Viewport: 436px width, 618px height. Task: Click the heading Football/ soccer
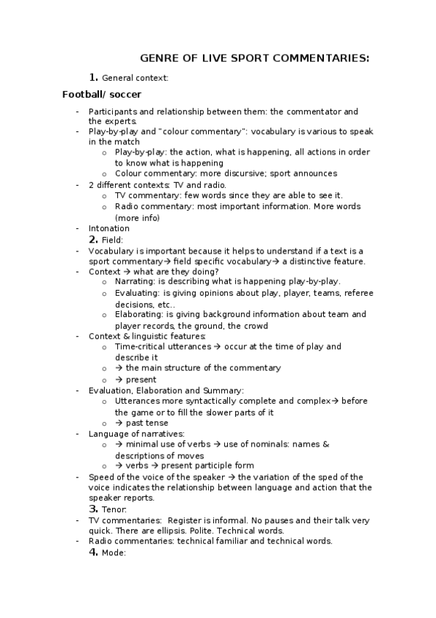(102, 95)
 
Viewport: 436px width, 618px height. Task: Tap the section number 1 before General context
(93, 77)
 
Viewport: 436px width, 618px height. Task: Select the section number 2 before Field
(93, 239)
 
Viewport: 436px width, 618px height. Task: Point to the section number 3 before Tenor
(93, 509)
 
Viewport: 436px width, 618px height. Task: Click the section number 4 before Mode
(93, 552)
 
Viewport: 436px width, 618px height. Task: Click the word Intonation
(109, 228)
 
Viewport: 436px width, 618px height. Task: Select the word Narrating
(135, 282)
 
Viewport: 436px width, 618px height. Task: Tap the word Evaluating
(136, 293)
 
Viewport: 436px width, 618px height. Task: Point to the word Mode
(114, 553)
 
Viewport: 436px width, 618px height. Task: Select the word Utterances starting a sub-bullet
(138, 401)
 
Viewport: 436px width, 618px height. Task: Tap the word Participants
(113, 112)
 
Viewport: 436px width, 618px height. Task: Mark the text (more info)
(137, 217)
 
